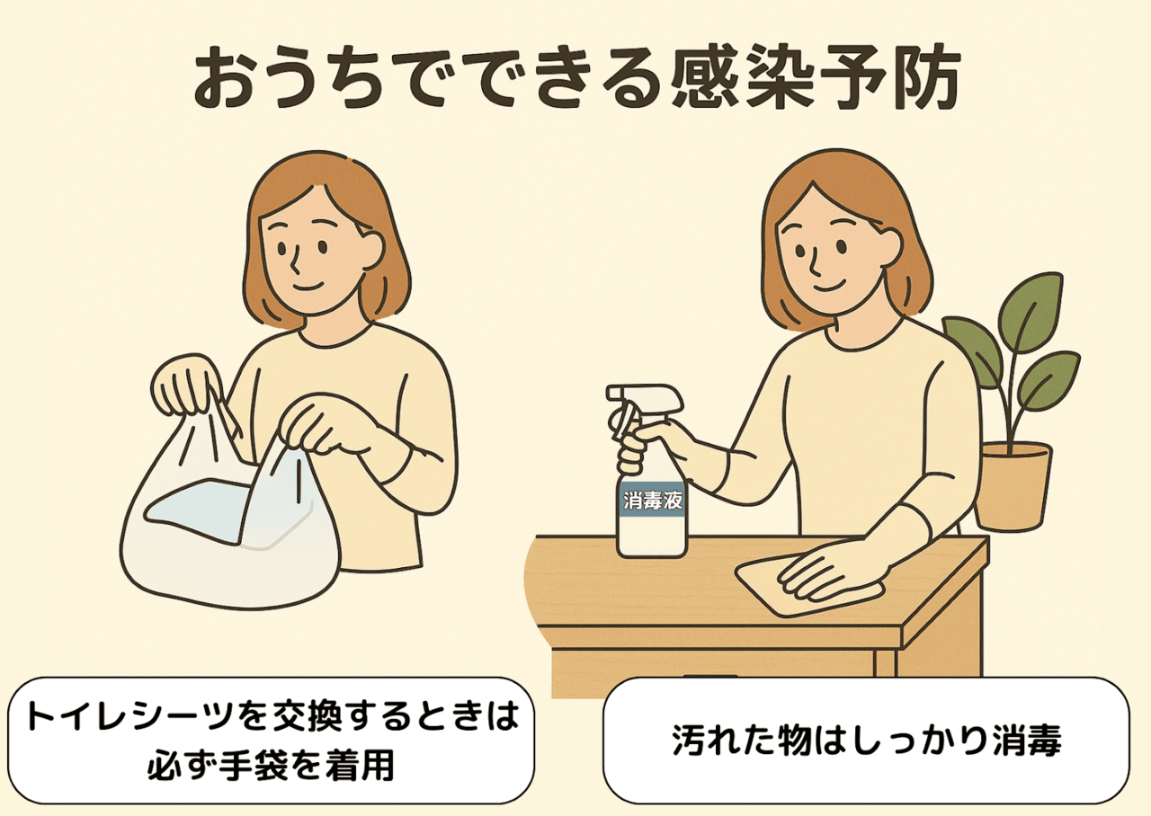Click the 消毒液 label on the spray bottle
[652, 500]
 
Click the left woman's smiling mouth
[307, 286]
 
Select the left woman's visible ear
[372, 249]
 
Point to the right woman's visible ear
[889, 247]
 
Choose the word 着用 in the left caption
[359, 766]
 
